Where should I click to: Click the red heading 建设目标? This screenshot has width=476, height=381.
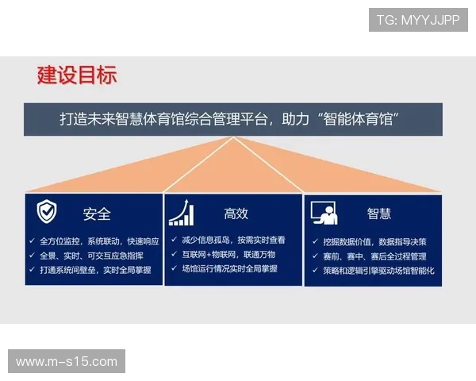point(77,76)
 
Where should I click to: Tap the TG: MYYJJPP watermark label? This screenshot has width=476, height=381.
point(418,19)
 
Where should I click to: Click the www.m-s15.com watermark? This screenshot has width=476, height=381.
point(67,362)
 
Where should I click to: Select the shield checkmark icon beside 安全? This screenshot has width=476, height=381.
point(47,212)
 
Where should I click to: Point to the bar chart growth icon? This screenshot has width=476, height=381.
point(181,213)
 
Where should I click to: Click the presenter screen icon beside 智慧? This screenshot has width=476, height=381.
point(325,213)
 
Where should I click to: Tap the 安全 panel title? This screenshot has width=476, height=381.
point(97,214)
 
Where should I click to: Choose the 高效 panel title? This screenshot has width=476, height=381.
point(236,214)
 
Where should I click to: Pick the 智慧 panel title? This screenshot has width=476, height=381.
point(378,214)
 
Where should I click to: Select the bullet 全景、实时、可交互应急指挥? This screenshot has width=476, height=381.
point(94,256)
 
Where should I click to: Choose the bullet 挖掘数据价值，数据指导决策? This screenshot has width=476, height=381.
point(375,241)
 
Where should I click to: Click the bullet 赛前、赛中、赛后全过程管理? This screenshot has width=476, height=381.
point(375,256)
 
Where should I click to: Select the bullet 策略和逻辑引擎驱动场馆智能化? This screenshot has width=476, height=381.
point(379,271)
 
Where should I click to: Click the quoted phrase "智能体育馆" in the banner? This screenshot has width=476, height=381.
point(357,120)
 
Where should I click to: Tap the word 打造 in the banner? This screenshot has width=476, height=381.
point(73,120)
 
